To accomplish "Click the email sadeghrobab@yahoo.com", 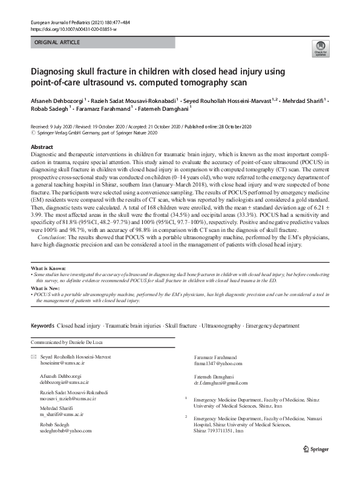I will [66, 431].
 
